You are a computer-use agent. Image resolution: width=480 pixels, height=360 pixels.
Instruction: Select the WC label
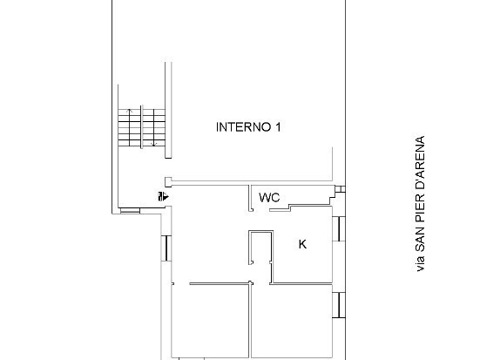268,198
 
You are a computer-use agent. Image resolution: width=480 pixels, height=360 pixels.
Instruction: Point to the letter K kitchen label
302,245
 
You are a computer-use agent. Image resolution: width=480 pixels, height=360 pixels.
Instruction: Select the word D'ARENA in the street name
421,166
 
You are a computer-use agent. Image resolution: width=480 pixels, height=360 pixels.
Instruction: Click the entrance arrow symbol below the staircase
161,197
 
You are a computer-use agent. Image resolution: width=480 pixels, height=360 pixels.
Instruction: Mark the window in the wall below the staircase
131,211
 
